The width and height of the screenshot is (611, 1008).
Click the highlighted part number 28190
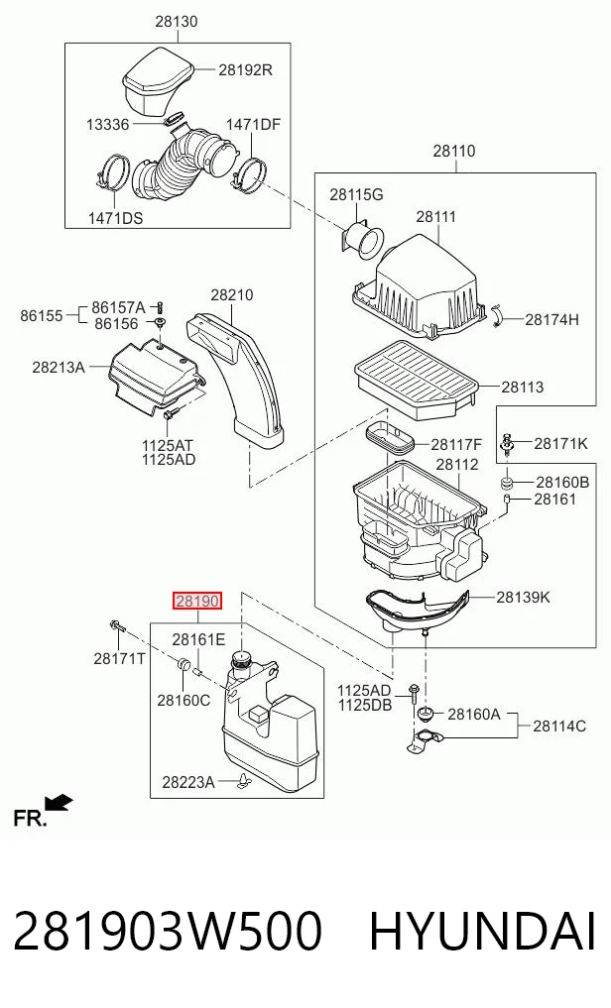click(x=197, y=601)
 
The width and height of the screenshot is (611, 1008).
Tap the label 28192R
click(x=245, y=69)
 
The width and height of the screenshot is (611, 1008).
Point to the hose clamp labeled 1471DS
click(x=113, y=172)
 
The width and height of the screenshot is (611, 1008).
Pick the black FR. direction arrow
click(x=60, y=802)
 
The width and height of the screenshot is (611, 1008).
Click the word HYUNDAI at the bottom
click(x=482, y=932)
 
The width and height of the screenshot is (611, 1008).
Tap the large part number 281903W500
click(x=168, y=932)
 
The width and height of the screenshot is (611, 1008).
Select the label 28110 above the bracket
click(x=454, y=151)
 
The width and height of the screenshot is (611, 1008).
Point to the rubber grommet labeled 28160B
click(x=508, y=482)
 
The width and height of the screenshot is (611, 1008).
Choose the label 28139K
click(x=523, y=598)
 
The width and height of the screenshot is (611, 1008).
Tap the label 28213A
click(x=59, y=367)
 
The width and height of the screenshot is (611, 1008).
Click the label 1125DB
click(x=365, y=706)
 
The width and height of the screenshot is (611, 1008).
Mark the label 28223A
click(x=188, y=782)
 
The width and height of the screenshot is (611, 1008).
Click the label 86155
click(x=42, y=315)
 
